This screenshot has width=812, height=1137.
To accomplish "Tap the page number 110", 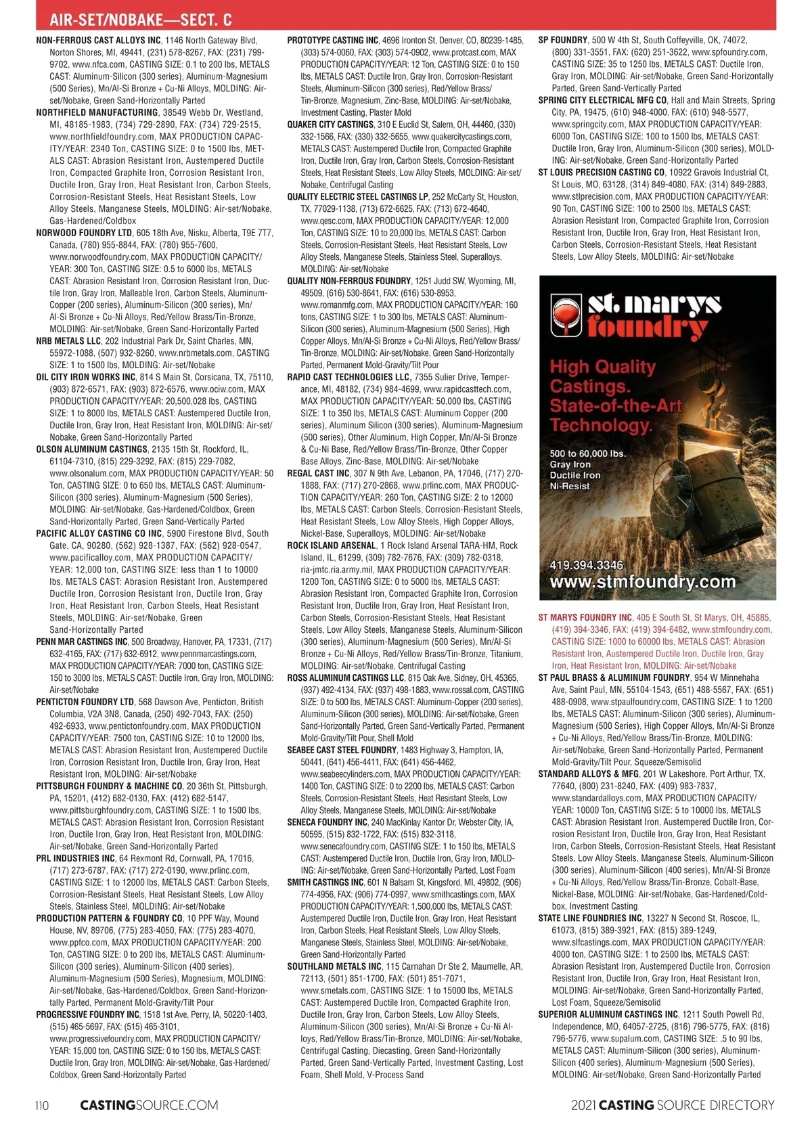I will pos(42,1105).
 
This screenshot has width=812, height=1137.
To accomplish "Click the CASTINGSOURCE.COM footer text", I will pos(149,1105).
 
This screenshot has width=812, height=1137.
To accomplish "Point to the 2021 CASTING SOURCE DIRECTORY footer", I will pos(673,1105).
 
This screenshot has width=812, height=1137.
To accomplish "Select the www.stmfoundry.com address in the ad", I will pos(642,582).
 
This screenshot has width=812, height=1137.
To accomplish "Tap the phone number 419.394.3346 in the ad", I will pos(587,565).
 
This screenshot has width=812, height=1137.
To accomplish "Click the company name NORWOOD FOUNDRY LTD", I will pos(84,233).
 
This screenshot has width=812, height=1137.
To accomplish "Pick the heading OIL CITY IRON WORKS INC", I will pos(86,377).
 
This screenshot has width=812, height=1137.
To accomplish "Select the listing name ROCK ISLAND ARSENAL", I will pos(332,545).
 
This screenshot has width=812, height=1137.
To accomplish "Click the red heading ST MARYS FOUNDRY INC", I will pos(585,617).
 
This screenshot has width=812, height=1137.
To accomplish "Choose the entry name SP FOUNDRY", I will pos(563,40).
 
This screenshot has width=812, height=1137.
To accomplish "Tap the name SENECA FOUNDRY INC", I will pos(328,822).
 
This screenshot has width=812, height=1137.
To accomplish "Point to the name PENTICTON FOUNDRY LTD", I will pos(85,702).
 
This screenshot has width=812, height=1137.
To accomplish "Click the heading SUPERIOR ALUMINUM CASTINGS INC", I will pos(608,1015).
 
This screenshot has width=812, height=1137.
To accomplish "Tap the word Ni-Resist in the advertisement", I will pos(570,486).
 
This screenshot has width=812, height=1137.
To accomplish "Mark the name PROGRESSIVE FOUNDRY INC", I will pos(88,1015).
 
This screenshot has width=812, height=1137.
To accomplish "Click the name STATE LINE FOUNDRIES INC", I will pos(590,918).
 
